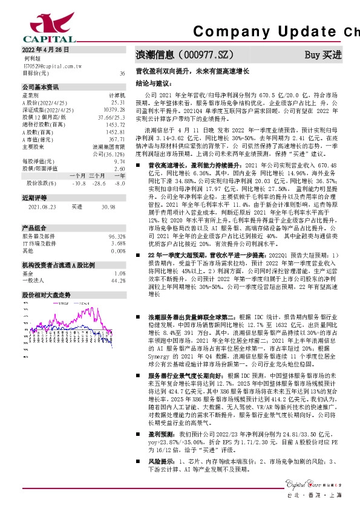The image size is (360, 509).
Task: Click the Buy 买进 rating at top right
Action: pos(323,54)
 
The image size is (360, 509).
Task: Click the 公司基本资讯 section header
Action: pos(42,87)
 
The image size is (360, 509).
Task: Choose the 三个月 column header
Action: pos(98,175)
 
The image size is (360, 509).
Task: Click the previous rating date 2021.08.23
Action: pos(42,207)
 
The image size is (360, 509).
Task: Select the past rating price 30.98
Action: pos(108,207)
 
